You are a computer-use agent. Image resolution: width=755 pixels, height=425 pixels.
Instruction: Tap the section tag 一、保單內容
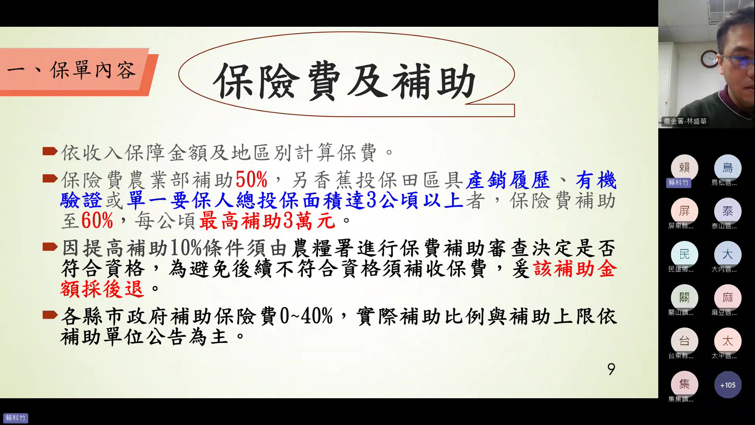point(72,71)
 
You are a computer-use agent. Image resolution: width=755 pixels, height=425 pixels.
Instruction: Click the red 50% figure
point(252,180)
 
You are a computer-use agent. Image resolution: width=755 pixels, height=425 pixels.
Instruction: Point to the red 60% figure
point(97,221)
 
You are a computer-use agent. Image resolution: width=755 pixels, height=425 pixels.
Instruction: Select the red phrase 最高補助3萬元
point(267,221)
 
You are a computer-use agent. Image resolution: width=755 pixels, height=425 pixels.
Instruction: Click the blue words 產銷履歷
point(508,180)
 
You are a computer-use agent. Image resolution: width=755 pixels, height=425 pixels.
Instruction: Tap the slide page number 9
point(611,369)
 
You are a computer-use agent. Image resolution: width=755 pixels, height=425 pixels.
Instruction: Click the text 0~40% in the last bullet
point(306,316)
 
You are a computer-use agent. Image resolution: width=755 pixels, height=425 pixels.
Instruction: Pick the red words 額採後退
point(102,289)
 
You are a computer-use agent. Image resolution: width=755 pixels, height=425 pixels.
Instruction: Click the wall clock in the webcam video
point(710,59)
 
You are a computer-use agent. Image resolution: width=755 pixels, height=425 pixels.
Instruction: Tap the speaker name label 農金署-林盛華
point(685,121)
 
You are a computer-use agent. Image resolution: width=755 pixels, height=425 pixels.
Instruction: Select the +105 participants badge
point(727,385)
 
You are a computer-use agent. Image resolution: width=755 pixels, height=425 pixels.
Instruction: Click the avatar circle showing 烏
point(727,168)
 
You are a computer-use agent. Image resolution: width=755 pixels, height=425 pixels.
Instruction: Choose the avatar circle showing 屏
point(684,211)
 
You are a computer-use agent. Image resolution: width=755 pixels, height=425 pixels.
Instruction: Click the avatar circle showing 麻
point(727,298)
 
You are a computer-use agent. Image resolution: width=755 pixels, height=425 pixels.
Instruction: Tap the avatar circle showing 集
point(684,384)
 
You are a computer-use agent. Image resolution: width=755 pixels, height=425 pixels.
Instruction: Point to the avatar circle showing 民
point(684,255)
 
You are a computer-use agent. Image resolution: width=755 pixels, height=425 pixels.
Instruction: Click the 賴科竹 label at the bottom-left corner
point(16,418)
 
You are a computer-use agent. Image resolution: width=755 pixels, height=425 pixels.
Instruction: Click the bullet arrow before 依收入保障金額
point(50,151)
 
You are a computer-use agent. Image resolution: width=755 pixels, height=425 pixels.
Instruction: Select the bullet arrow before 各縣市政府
point(50,315)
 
